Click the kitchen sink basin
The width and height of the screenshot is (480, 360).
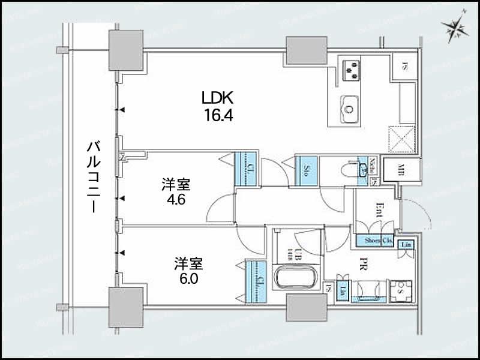[x=349, y=108]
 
